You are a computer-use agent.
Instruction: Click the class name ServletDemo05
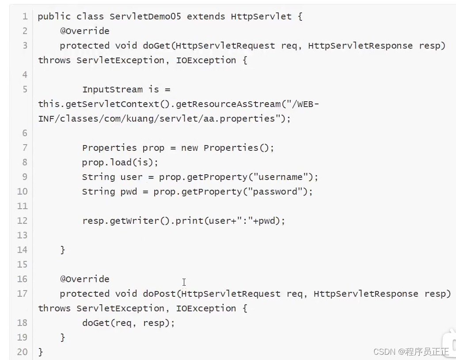(x=145, y=17)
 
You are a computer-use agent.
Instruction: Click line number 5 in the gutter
(x=25, y=89)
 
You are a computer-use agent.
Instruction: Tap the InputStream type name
(x=112, y=89)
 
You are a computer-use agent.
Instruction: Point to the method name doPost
(x=159, y=294)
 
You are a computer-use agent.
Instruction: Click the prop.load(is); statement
(x=120, y=162)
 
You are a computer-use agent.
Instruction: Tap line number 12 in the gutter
(x=23, y=221)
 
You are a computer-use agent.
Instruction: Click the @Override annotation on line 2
(x=85, y=31)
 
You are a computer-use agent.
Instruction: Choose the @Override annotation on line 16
(x=85, y=279)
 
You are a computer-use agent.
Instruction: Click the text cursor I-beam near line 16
(x=184, y=282)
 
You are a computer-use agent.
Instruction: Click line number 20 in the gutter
(x=23, y=352)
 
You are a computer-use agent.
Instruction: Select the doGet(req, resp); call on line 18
(x=129, y=323)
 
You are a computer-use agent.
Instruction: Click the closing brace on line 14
(x=63, y=250)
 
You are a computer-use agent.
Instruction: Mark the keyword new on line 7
(x=189, y=148)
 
